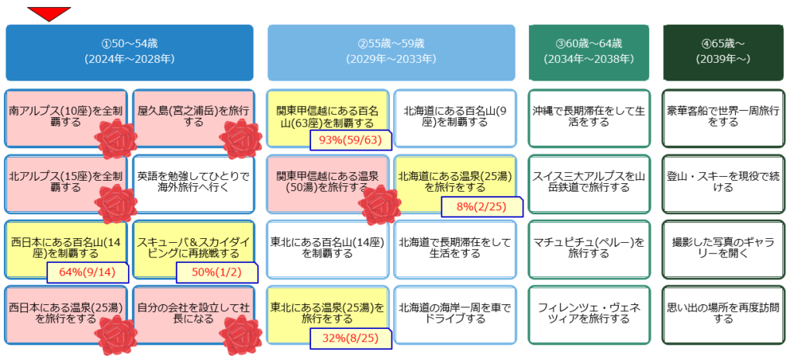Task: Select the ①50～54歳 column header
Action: [x=129, y=52]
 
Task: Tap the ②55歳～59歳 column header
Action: [x=392, y=52]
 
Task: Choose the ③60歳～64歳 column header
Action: [x=589, y=52]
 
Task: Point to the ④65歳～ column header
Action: [x=723, y=52]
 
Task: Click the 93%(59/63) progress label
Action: [x=351, y=140]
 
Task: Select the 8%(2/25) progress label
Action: [x=482, y=206]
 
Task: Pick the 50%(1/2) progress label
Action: [x=217, y=272]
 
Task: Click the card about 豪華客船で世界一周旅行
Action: [x=723, y=118]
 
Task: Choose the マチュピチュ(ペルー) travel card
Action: [x=589, y=249]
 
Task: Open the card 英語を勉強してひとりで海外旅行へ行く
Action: [x=193, y=184]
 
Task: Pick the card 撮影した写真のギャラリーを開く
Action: [x=723, y=249]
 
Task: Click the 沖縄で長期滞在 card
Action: [x=589, y=118]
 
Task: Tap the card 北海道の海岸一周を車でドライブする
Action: [x=455, y=315]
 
